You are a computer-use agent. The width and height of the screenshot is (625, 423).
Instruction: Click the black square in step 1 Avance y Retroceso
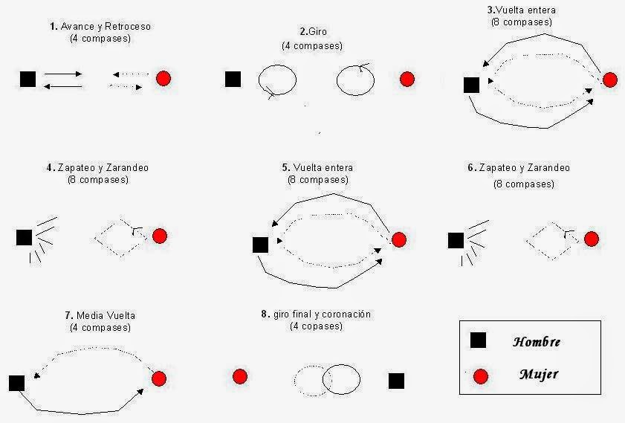pos(28,79)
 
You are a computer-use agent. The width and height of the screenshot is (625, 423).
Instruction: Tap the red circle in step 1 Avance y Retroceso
pos(163,78)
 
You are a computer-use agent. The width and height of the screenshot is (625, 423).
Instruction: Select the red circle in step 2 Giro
pos(407,79)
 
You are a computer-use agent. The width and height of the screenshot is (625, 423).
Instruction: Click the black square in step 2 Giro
pos(233,79)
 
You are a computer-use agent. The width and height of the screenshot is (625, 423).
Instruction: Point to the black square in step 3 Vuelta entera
pos(471,85)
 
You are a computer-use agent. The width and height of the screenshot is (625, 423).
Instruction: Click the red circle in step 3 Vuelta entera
pos(609,80)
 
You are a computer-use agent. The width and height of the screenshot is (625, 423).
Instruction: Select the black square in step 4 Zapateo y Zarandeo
pos(24,237)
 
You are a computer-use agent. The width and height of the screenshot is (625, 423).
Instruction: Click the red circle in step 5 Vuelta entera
pos(398,239)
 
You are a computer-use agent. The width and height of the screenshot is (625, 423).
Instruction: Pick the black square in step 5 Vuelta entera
pos(260,245)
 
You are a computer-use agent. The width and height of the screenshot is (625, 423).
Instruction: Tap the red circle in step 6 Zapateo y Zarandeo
pos(591,239)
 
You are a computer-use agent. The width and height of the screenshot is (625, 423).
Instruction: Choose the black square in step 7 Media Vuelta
pos(17,383)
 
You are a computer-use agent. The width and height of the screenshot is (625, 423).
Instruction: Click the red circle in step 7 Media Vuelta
pos(159,378)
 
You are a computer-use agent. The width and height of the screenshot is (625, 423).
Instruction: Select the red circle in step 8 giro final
pos(239,376)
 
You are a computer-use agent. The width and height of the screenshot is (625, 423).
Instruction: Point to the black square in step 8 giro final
pos(396,381)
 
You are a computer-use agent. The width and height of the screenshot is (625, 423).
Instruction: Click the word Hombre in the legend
pos(536,342)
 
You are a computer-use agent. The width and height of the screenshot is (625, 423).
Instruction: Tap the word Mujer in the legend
pos(538,374)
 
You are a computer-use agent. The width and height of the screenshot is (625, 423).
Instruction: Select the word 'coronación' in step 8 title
pos(346,314)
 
